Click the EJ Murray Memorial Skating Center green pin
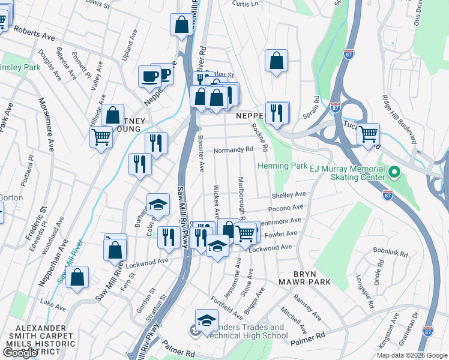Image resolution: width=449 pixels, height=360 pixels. click(x=394, y=173)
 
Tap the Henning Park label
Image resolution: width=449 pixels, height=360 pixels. click(x=282, y=166)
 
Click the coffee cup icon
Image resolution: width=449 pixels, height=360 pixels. click(x=149, y=76)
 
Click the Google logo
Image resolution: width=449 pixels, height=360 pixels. click(x=20, y=352)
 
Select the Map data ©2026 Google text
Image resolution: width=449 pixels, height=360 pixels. click(x=411, y=355)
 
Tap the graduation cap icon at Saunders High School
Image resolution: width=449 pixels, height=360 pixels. click(x=206, y=320)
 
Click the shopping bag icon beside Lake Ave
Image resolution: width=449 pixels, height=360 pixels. click(x=77, y=277)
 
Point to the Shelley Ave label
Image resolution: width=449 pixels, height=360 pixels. click(x=289, y=195)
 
